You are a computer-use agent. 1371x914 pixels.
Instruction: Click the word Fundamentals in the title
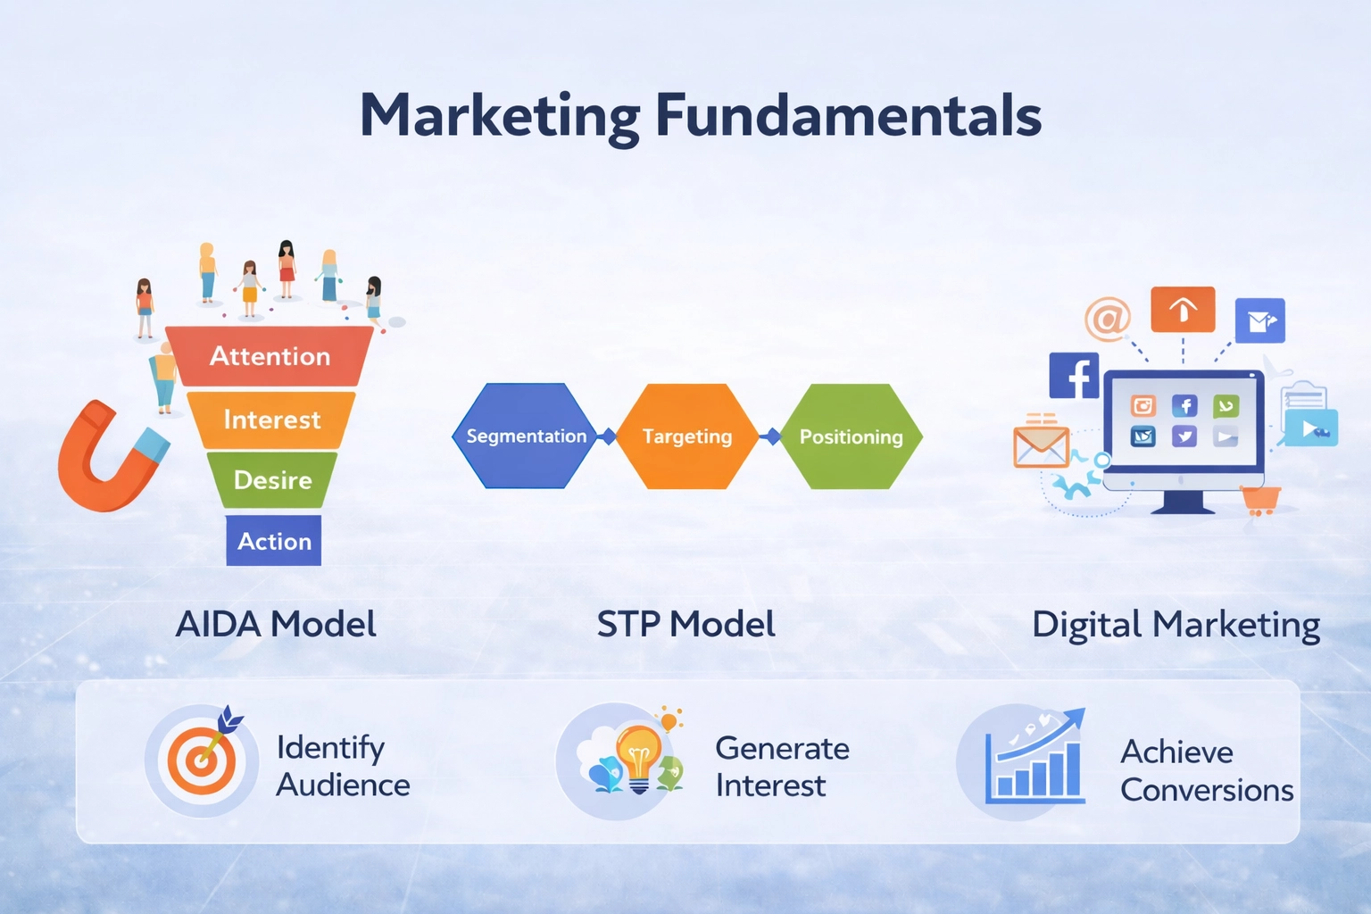[848, 116]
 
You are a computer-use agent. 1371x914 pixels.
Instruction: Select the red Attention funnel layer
[270, 356]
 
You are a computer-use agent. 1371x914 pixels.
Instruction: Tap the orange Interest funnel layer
[271, 420]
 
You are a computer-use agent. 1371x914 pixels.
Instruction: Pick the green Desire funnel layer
[272, 480]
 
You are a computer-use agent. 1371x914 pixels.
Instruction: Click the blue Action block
[274, 541]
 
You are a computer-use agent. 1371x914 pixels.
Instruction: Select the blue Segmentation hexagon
[526, 436]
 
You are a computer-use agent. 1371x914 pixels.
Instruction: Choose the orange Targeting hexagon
[687, 436]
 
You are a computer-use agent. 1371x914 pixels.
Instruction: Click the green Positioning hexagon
[851, 436]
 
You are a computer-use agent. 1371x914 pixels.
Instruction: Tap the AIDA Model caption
[276, 624]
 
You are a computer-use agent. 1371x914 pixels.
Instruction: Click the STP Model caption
[685, 624]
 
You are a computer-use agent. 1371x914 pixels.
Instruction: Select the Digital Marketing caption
[1176, 626]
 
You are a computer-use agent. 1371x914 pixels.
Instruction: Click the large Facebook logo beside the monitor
[1074, 375]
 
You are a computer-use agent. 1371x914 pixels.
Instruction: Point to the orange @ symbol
[1108, 318]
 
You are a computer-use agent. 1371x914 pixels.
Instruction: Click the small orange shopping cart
[1260, 501]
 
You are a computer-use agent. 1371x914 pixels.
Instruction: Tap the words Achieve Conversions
[1206, 771]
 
